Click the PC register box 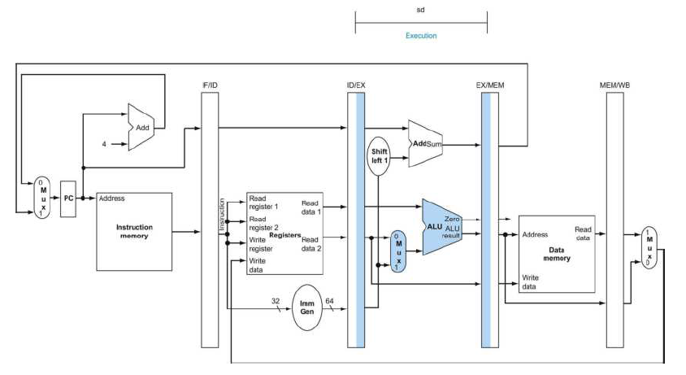[x=68, y=197]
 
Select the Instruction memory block [x=134, y=232]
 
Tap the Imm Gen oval [x=308, y=306]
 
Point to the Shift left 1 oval [x=380, y=156]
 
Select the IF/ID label [x=211, y=85]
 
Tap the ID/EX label [x=356, y=85]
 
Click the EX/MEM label [x=489, y=85]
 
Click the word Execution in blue [x=421, y=36]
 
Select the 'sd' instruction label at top [x=420, y=12]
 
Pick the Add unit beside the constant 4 [x=141, y=128]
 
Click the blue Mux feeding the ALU [x=397, y=251]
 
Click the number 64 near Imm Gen [x=330, y=301]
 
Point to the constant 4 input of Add [x=104, y=144]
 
